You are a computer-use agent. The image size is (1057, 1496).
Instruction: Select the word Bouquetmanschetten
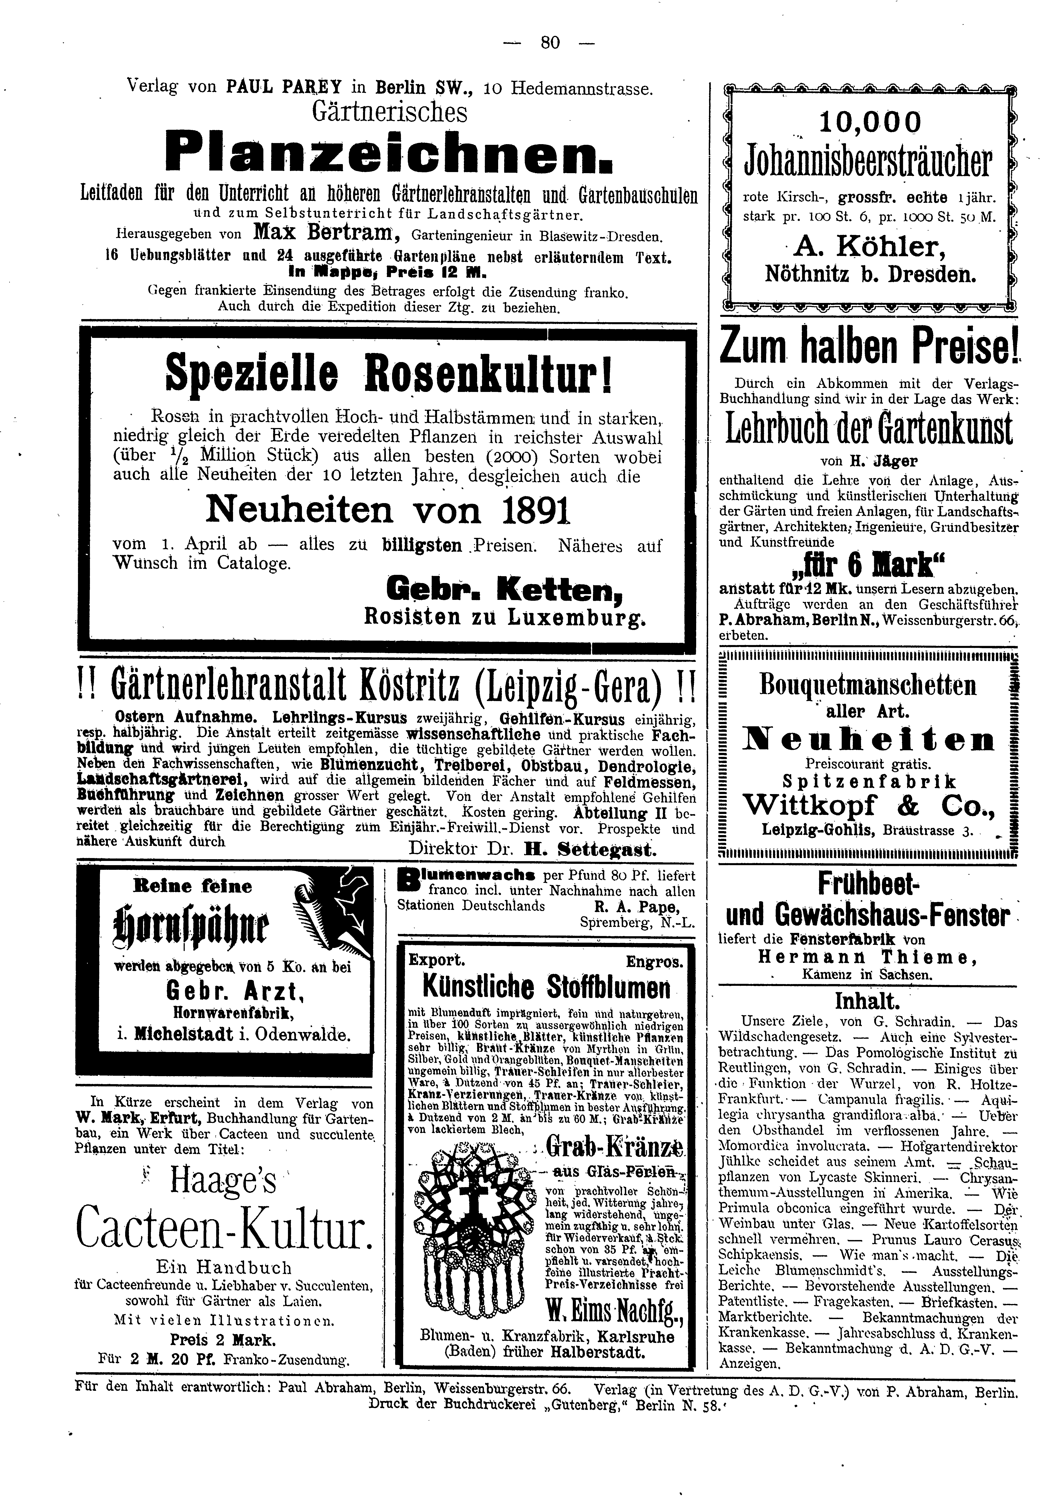pyautogui.click(x=868, y=686)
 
